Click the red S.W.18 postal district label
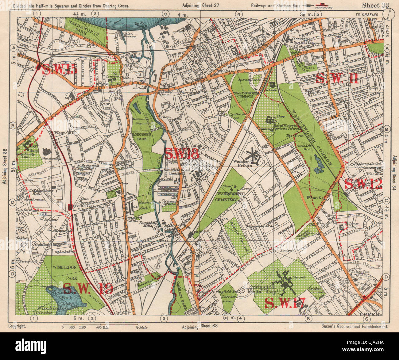click(182, 153)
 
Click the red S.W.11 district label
click(337, 78)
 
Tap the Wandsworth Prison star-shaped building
click(254, 155)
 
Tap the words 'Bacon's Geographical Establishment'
click(355, 327)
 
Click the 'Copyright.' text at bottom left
click(17, 326)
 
